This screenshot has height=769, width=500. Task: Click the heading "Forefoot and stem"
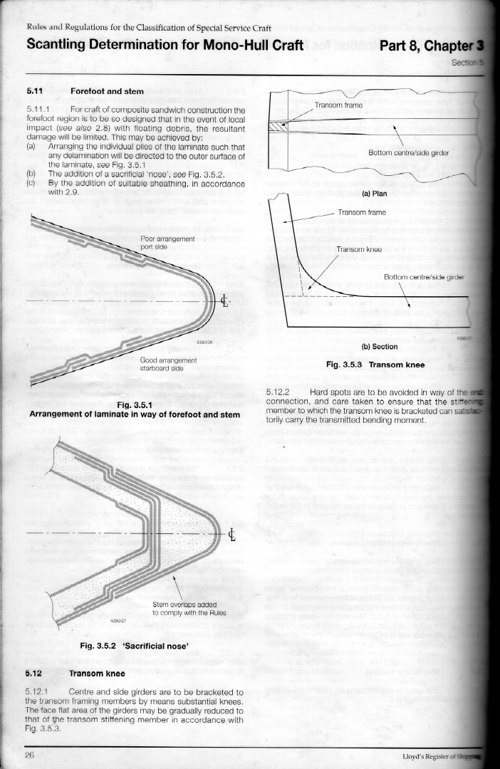pyautogui.click(x=107, y=92)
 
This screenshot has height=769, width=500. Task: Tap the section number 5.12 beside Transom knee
pyautogui.click(x=35, y=671)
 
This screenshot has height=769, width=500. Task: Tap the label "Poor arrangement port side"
pyautogui.click(x=168, y=242)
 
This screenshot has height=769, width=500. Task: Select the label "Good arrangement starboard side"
pyautogui.click(x=167, y=365)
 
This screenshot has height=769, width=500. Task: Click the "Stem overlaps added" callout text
pyautogui.click(x=184, y=607)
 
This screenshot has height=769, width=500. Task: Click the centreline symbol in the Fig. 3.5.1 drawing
pyautogui.click(x=225, y=299)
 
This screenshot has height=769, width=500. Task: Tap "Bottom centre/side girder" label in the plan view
pyautogui.click(x=409, y=152)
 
